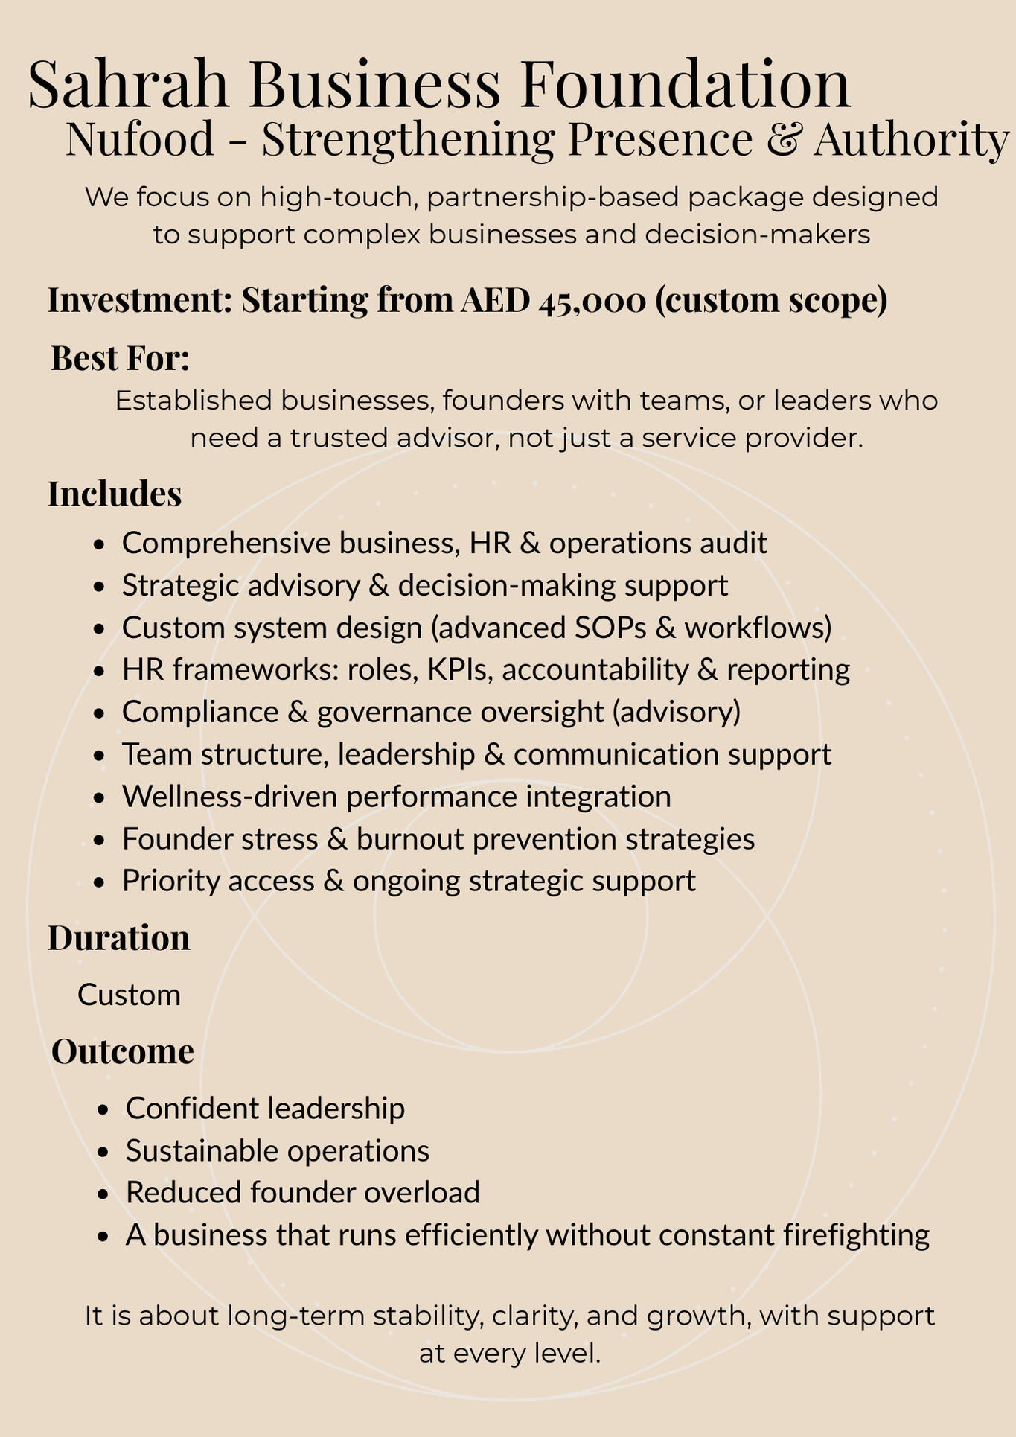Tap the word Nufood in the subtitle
[x=140, y=139]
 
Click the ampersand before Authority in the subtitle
[x=782, y=139]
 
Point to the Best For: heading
[x=120, y=359]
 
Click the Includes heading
[x=115, y=494]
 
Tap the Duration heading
[x=119, y=938]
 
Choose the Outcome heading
[x=123, y=1051]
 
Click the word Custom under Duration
[x=129, y=995]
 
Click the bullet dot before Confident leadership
[x=103, y=1109]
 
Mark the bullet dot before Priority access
[x=99, y=882]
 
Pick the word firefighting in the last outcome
[x=857, y=1235]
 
